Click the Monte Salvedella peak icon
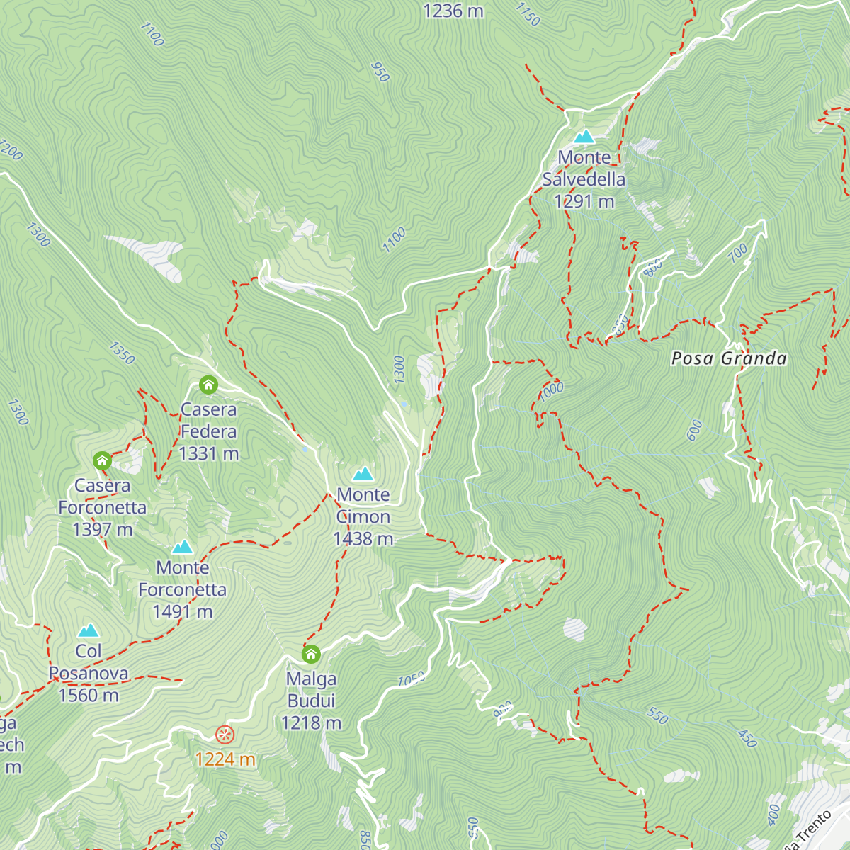point(584,136)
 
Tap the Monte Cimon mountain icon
point(363,473)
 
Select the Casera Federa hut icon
point(208,385)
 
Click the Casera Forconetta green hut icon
point(102,461)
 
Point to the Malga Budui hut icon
point(311,653)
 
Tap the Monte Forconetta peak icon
point(183,547)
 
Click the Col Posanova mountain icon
point(89,630)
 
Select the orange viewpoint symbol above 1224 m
point(225,735)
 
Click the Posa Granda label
point(729,358)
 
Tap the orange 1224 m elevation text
point(225,759)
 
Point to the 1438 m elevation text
point(363,539)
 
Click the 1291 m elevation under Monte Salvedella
point(584,202)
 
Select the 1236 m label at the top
point(453,11)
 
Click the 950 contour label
point(380,72)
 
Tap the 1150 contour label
point(528,14)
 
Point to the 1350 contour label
point(121,353)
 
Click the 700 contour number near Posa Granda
point(737,251)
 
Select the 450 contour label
point(747,738)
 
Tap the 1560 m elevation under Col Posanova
point(89,695)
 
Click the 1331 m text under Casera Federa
point(209,453)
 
